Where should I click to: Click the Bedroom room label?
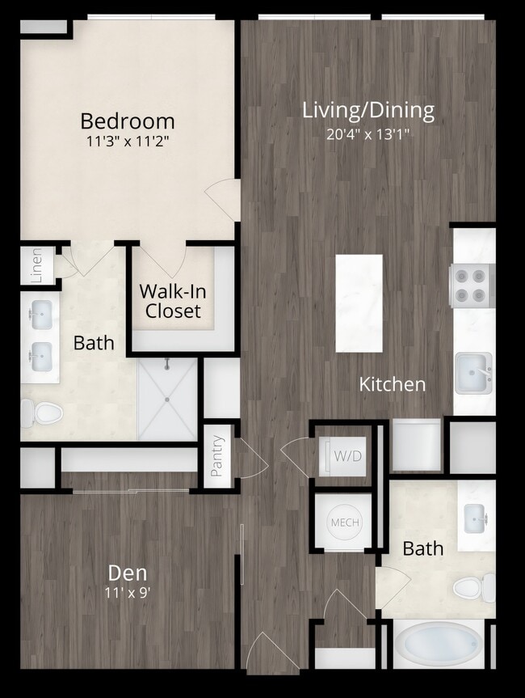tap(127, 121)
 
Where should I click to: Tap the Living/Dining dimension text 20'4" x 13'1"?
tap(368, 134)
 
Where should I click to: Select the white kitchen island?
tap(359, 303)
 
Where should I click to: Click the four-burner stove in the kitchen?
tap(472, 286)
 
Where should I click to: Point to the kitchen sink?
tap(473, 373)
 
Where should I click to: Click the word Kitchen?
tap(393, 384)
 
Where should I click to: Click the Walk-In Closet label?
tap(170, 301)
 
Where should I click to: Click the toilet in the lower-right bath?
tap(473, 586)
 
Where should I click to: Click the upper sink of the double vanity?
tap(40, 311)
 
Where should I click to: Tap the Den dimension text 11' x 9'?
tap(128, 591)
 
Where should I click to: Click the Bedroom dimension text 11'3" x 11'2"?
tap(128, 142)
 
